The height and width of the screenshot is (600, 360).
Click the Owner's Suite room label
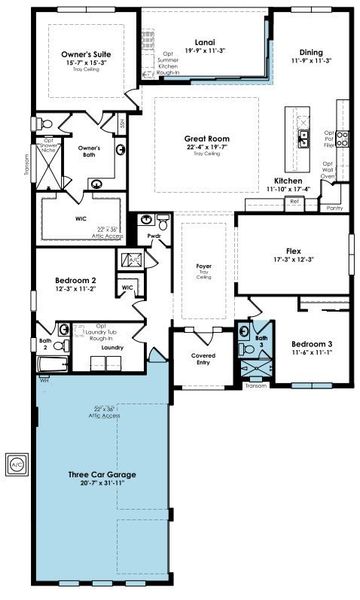(x=84, y=56)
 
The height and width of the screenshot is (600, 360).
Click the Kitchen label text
(x=288, y=181)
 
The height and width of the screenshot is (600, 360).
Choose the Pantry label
(x=337, y=208)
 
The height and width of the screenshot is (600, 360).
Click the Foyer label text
(x=204, y=265)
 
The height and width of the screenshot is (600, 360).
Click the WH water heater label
(x=45, y=380)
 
